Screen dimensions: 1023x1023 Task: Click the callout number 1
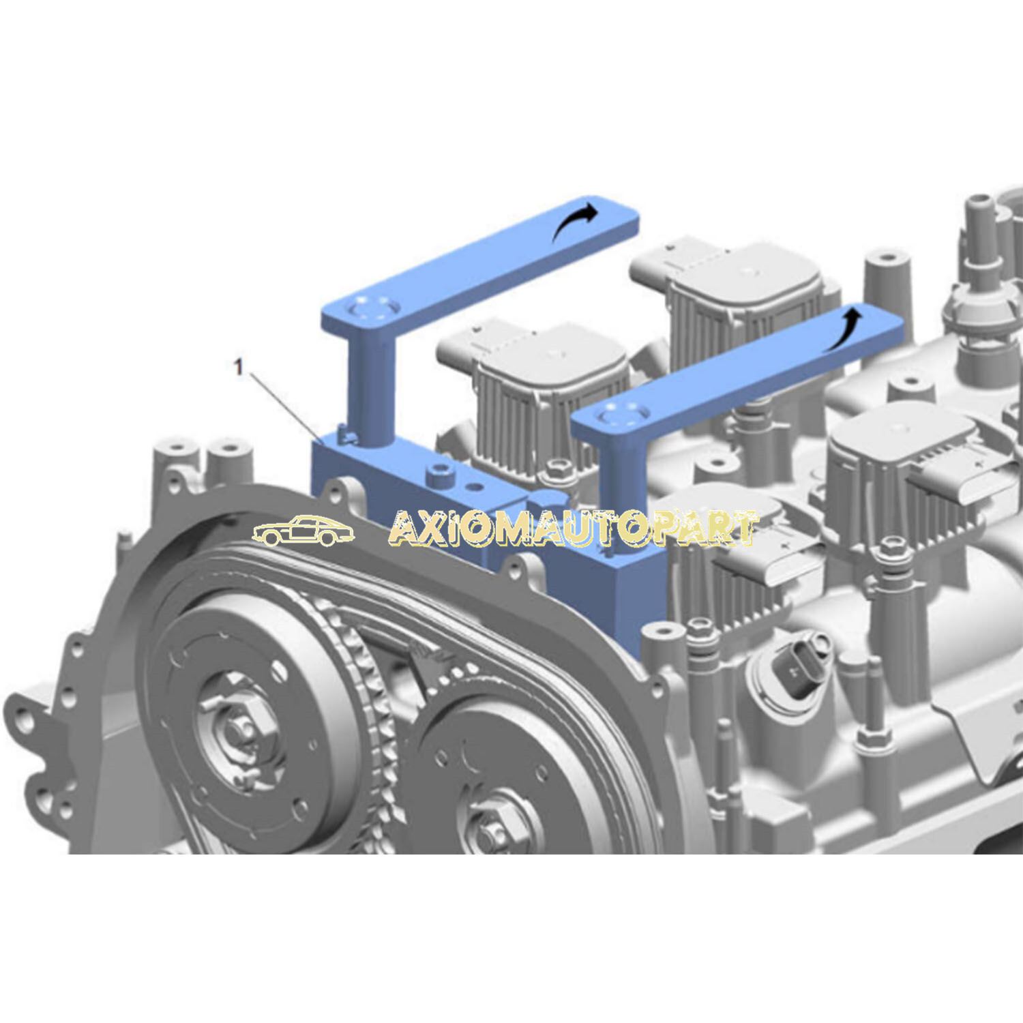(238, 367)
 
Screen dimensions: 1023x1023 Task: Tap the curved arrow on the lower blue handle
(842, 328)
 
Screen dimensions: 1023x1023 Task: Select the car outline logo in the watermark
(303, 531)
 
